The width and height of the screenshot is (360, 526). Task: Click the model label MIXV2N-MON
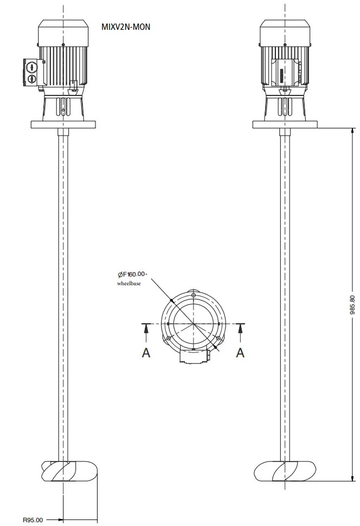coord(126,26)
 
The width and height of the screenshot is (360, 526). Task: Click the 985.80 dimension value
coord(352,305)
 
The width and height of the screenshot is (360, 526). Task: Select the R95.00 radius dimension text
coord(33,520)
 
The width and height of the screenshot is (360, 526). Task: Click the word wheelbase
coord(129,284)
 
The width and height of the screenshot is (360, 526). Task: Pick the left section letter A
coord(146,352)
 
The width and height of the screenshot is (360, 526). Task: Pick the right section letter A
coord(240,352)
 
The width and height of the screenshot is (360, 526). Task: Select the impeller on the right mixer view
coord(286,471)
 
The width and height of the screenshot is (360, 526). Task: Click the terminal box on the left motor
coord(32,73)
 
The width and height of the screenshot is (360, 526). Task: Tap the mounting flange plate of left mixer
coord(63,124)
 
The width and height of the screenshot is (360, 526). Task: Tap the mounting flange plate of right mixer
coord(286,124)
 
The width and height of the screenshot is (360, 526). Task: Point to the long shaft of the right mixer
coord(286,293)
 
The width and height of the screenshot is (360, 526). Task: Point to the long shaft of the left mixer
coord(63,293)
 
